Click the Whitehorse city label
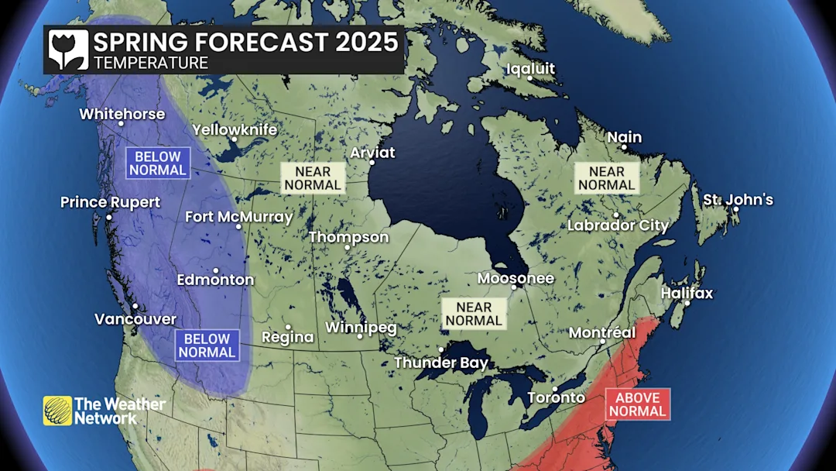click(122, 114)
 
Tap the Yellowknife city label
click(234, 129)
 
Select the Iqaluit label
click(530, 69)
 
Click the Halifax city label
click(687, 294)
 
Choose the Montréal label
click(601, 332)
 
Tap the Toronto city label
click(556, 397)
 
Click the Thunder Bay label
click(441, 363)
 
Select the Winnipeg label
click(361, 328)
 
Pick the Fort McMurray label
click(238, 217)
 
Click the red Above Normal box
click(638, 404)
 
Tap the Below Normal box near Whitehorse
click(158, 163)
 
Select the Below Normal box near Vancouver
click(207, 346)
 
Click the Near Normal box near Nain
click(606, 178)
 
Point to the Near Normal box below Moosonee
click(474, 314)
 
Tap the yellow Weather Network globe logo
click(57, 411)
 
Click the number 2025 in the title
click(367, 42)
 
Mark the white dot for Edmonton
click(216, 270)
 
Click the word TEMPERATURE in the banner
click(150, 63)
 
